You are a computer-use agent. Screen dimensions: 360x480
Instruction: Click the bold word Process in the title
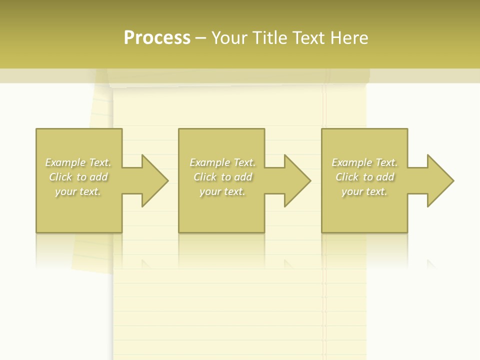(x=157, y=38)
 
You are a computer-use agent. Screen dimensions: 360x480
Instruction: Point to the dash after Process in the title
(x=200, y=38)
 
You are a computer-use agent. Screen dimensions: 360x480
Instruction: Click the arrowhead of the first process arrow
(x=155, y=180)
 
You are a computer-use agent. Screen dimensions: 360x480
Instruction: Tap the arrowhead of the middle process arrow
(x=297, y=180)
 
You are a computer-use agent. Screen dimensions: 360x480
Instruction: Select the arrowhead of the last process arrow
(x=440, y=180)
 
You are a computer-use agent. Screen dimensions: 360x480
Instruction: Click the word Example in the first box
(x=65, y=162)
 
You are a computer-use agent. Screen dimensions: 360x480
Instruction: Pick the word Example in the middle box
(x=209, y=162)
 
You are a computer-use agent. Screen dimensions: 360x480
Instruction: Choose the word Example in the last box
(x=351, y=162)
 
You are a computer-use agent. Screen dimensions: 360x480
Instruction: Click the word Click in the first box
(x=60, y=177)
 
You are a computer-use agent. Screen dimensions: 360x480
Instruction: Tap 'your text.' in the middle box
(x=222, y=191)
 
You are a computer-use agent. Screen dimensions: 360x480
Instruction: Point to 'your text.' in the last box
(x=364, y=191)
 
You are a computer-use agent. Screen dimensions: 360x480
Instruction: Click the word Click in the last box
(x=347, y=177)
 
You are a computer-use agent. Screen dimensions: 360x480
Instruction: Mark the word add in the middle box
(x=243, y=177)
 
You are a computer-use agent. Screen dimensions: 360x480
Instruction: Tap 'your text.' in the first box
(x=77, y=191)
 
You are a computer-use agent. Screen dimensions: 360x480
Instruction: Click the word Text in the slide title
(x=307, y=38)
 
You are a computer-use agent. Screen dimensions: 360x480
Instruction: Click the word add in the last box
(x=385, y=177)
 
